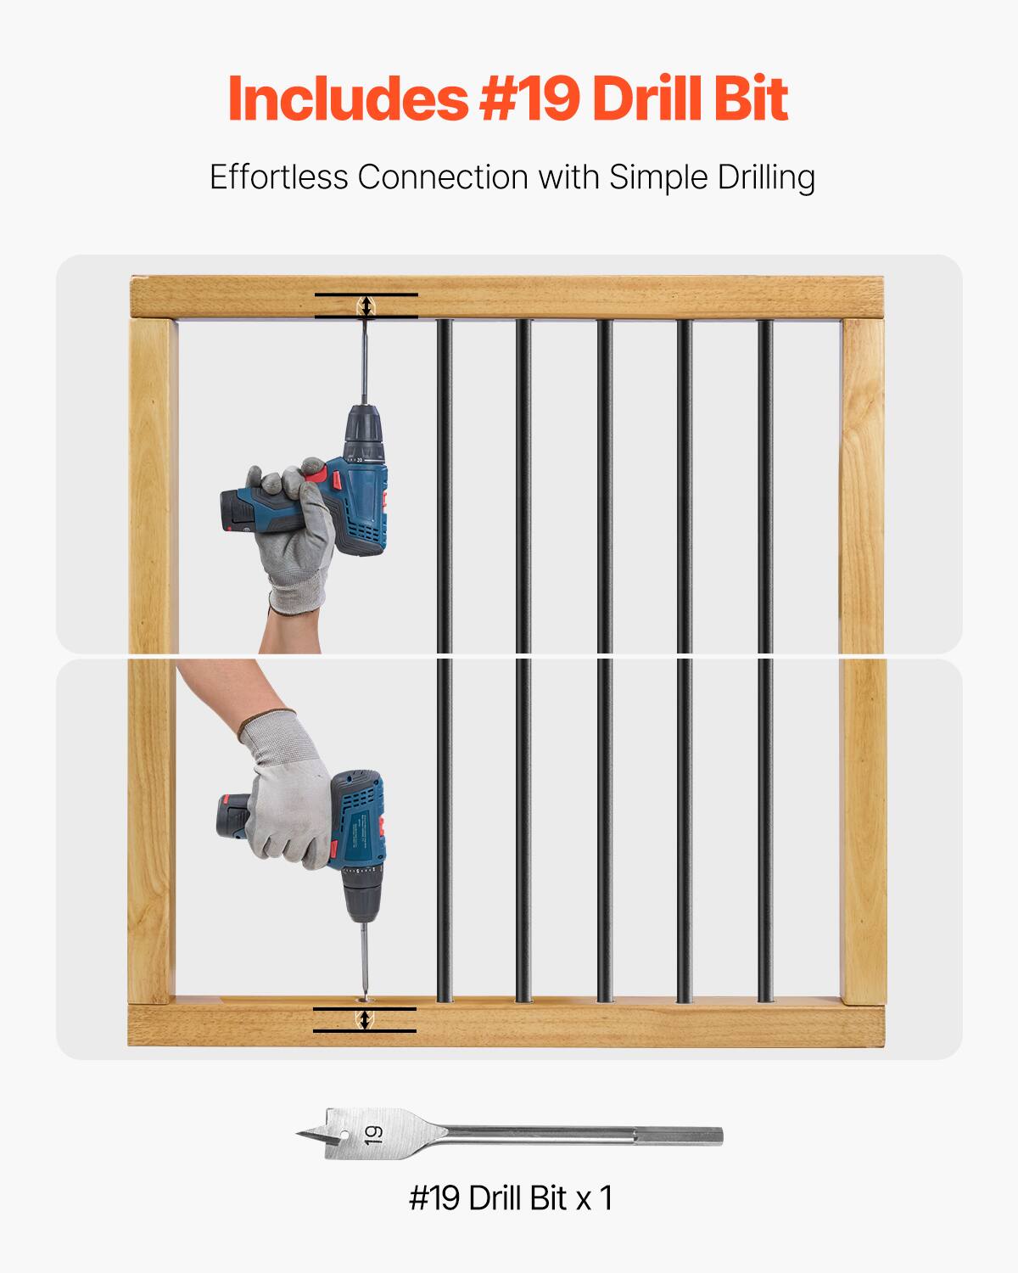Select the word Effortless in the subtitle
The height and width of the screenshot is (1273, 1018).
point(279,177)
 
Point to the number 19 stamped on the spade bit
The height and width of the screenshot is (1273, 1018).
point(373,1134)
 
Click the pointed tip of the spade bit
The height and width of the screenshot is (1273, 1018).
point(299,1134)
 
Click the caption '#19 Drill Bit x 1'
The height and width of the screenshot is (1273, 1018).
point(510,1197)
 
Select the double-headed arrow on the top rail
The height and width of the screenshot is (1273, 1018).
point(366,306)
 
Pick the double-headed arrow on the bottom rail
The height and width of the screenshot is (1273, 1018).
point(365,1019)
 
